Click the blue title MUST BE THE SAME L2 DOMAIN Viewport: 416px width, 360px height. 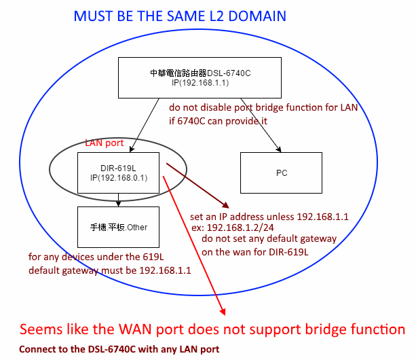(x=180, y=16)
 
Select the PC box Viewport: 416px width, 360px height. (x=281, y=173)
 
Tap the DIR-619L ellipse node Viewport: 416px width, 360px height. (x=107, y=172)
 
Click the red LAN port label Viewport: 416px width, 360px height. (x=105, y=144)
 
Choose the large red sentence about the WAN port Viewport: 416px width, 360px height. (x=212, y=330)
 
